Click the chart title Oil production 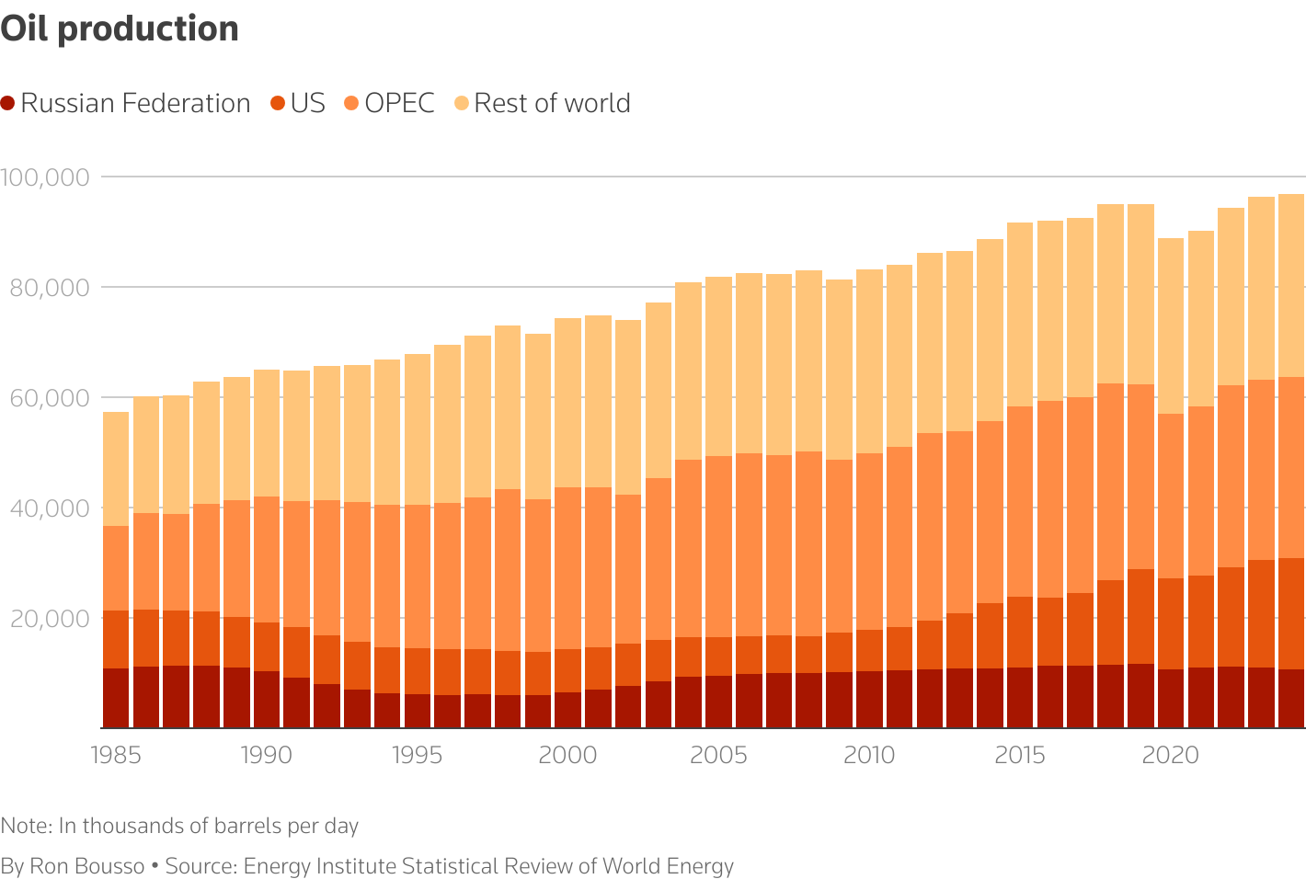[x=120, y=29]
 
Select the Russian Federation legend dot [x=8, y=104]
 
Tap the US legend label [x=307, y=103]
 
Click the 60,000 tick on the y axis [x=46, y=397]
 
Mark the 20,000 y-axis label [x=46, y=618]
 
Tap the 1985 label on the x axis [x=116, y=755]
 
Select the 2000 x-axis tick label [x=567, y=755]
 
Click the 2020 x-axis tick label [x=1170, y=755]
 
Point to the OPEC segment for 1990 [x=267, y=559]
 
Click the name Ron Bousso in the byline [x=86, y=866]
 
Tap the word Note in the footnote [x=25, y=826]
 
